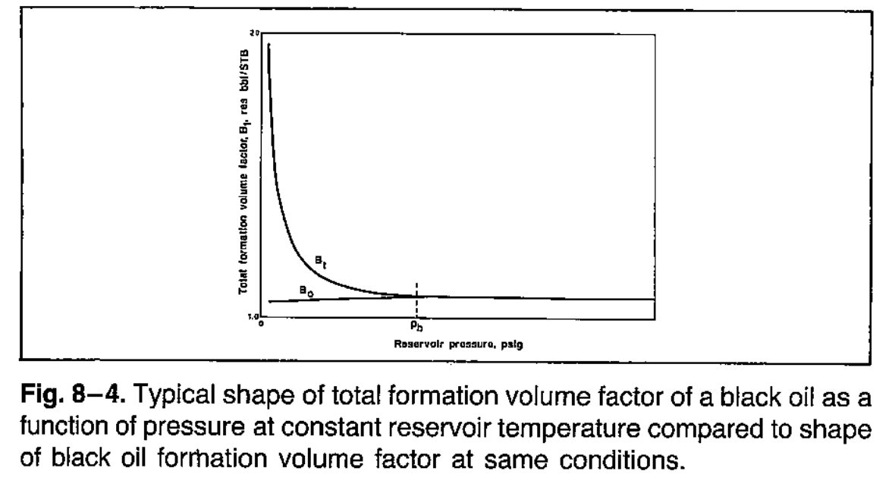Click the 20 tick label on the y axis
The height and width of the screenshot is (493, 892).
tap(255, 34)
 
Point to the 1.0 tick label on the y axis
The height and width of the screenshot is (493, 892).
tap(253, 316)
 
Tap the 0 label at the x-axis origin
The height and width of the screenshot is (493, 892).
tap(262, 324)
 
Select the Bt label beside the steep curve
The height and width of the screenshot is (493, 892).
tap(320, 262)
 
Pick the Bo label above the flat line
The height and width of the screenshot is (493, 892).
tap(303, 290)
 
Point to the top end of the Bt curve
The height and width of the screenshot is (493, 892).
tap(269, 46)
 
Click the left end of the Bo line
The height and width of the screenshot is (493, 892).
tap(269, 301)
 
